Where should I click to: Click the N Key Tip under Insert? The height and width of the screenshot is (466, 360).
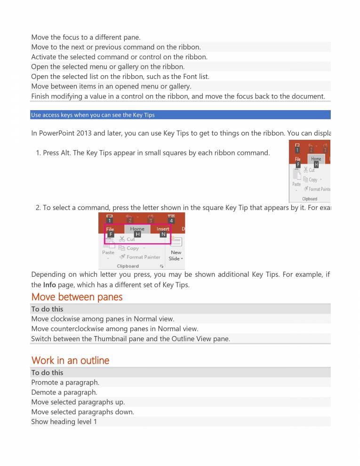coord(163,234)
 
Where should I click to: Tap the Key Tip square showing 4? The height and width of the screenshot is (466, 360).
coord(171,220)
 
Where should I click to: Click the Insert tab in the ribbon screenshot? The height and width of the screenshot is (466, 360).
coord(163,229)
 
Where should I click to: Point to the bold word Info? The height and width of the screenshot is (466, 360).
coord(49,285)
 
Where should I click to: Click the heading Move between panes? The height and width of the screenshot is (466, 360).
coord(77,297)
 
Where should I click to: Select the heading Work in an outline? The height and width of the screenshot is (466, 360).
coord(70,361)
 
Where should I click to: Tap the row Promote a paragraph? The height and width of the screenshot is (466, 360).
coord(65,382)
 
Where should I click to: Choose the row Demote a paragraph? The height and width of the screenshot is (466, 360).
coord(64,392)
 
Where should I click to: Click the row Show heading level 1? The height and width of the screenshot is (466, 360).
coord(64,421)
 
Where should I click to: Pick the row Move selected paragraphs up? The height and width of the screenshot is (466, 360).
coord(78,402)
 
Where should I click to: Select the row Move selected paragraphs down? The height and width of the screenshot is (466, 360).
coord(82,412)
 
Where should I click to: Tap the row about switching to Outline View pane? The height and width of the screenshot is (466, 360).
coord(130,338)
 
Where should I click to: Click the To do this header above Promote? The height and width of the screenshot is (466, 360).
coord(47,372)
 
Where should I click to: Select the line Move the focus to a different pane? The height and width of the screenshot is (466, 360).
coord(86,37)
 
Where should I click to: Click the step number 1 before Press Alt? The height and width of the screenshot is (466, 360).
coord(38,153)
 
